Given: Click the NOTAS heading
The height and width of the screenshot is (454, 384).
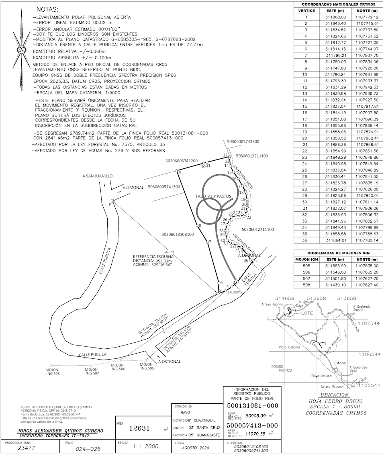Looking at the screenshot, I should pos(47,9).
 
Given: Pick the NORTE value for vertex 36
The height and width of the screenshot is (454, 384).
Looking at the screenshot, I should pos(367,240).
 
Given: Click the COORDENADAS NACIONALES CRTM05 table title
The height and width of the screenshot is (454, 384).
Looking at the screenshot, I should pos(338,4).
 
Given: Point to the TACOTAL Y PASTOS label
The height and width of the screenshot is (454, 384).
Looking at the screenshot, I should pos(214,196).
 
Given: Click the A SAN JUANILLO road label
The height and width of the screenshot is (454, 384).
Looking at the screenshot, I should pos(98,176).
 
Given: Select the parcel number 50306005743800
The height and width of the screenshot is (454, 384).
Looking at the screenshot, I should pos(243,141).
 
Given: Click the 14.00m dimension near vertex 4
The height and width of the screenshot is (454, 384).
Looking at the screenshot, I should pos(234,292).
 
